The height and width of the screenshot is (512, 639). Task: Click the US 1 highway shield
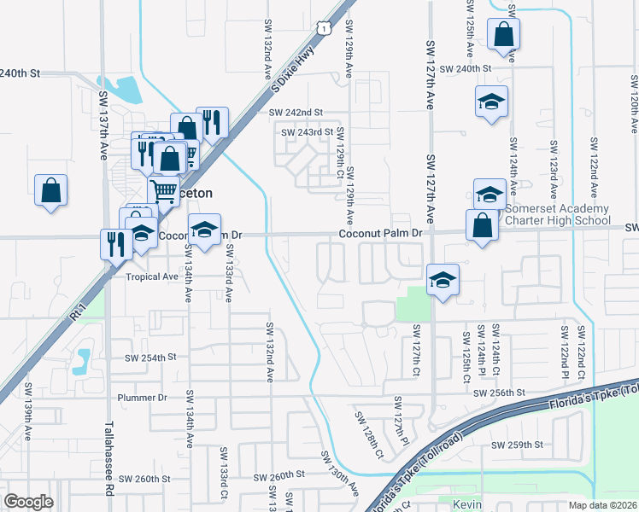tap(323, 29)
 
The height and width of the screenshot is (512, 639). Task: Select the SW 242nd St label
tap(296, 112)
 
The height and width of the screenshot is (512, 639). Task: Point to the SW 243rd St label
tap(307, 132)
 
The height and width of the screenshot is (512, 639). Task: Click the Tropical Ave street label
tap(152, 276)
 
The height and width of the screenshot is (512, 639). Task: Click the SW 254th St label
tap(149, 357)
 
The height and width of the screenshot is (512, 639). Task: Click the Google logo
tap(28, 501)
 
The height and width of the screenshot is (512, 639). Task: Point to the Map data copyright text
tap(603, 505)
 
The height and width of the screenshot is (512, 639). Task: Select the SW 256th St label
tap(498, 392)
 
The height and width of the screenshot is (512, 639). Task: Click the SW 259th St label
tap(517, 445)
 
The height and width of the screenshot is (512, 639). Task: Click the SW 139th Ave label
tap(27, 422)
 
